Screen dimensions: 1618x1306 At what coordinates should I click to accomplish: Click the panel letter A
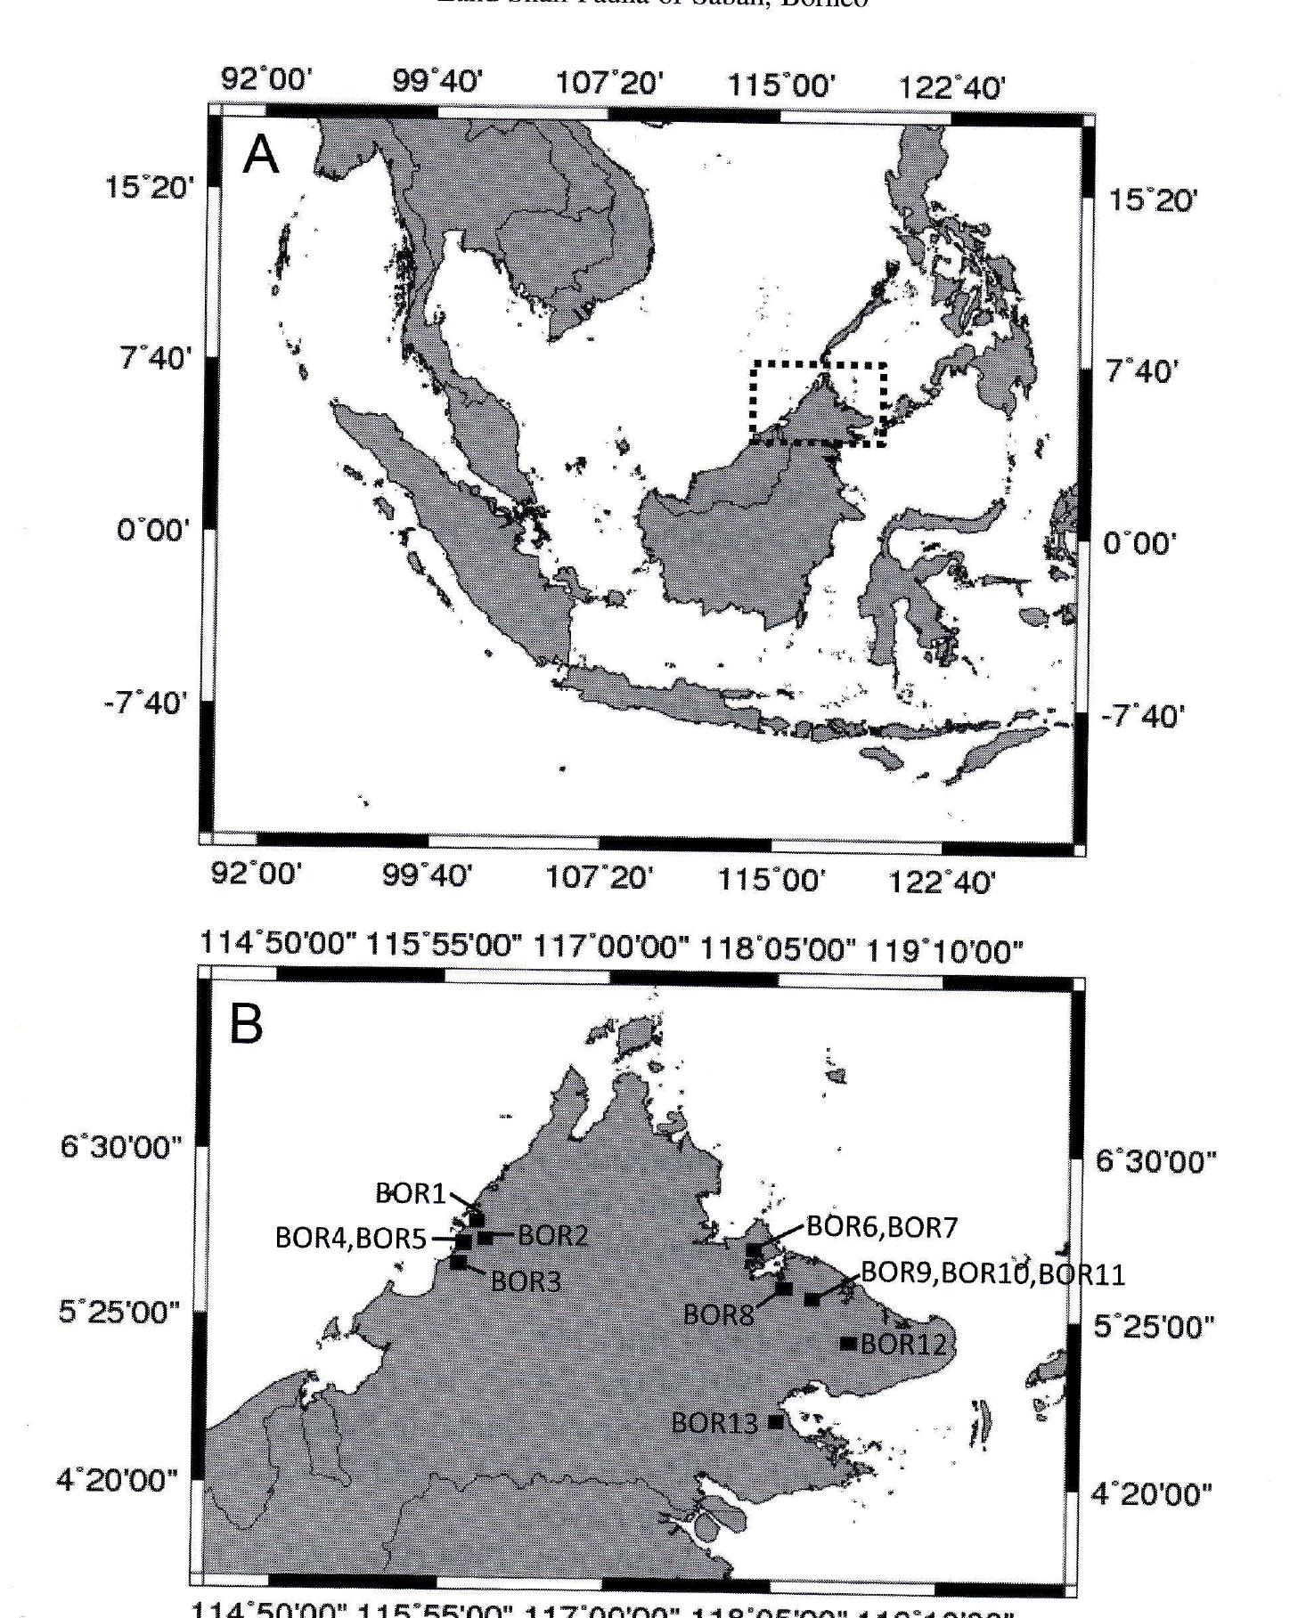[x=261, y=156]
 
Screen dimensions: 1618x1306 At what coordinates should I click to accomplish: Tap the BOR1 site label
[x=410, y=1193]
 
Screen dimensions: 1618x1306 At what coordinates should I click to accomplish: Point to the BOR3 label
[x=526, y=1281]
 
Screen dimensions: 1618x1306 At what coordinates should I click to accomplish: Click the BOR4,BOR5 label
[x=350, y=1239]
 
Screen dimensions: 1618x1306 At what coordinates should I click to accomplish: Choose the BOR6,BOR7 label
[x=881, y=1227]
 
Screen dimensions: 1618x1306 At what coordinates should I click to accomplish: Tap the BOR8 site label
[x=718, y=1314]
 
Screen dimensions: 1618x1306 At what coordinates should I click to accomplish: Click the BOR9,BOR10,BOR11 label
[x=992, y=1273]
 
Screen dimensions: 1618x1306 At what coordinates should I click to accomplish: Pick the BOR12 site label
[x=902, y=1343]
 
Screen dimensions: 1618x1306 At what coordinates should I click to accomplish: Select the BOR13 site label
[x=714, y=1422]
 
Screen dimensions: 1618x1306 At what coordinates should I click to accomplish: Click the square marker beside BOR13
[x=776, y=1422]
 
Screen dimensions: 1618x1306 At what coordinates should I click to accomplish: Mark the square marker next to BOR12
[x=848, y=1343]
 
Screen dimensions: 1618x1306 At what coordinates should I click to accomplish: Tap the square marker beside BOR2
[x=486, y=1237]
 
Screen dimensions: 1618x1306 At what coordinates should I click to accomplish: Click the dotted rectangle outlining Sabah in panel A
[x=819, y=363]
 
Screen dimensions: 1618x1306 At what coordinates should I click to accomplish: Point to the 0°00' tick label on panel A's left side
[x=153, y=531]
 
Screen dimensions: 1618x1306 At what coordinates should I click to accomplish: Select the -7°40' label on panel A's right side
[x=1143, y=717]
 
